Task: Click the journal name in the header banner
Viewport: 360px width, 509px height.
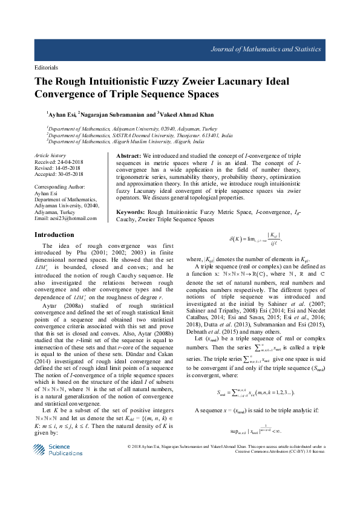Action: pyautogui.click(x=275, y=48)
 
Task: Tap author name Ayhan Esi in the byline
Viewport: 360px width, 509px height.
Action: pyautogui.click(x=65, y=113)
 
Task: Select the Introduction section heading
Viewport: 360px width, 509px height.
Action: pyautogui.click(x=54, y=235)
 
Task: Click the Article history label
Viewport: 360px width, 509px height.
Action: pyautogui.click(x=51, y=155)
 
